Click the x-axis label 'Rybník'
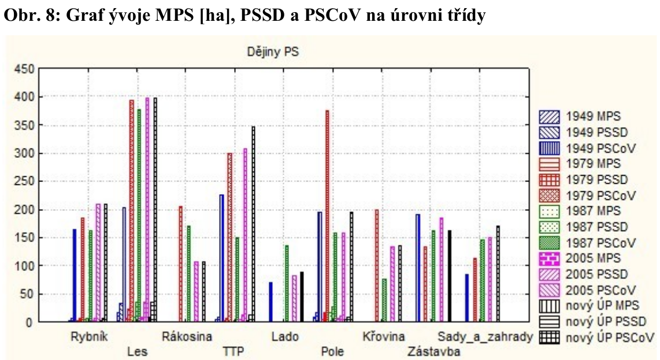(x=87, y=336)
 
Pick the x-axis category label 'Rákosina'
(x=187, y=336)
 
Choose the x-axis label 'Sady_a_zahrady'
(x=484, y=336)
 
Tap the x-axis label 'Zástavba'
(x=433, y=351)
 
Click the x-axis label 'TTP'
(x=233, y=351)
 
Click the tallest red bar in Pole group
(x=327, y=214)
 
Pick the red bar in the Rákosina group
(x=180, y=263)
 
